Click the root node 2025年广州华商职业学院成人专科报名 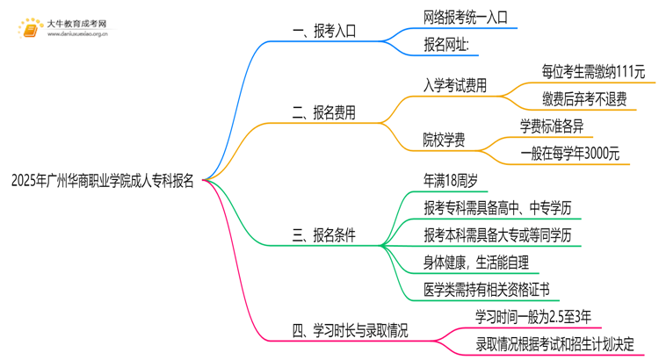[103, 182]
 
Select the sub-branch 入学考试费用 [455, 85]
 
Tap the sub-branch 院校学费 [445, 139]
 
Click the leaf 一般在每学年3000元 [569, 153]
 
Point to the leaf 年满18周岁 [450, 181]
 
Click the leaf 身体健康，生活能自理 [475, 262]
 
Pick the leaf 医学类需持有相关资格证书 [486, 289]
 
